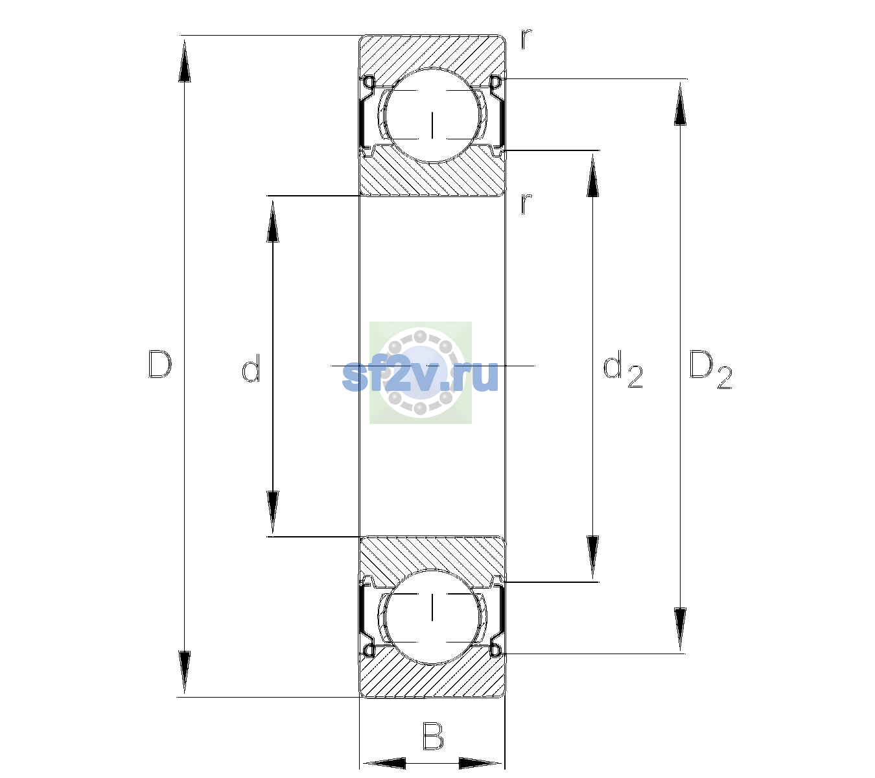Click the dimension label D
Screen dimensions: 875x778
(160, 364)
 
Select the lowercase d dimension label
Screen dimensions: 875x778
(251, 368)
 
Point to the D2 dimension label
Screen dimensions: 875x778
(710, 370)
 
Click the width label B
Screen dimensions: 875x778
(433, 736)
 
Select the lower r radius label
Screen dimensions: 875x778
(526, 204)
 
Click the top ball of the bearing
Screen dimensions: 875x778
(432, 115)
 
